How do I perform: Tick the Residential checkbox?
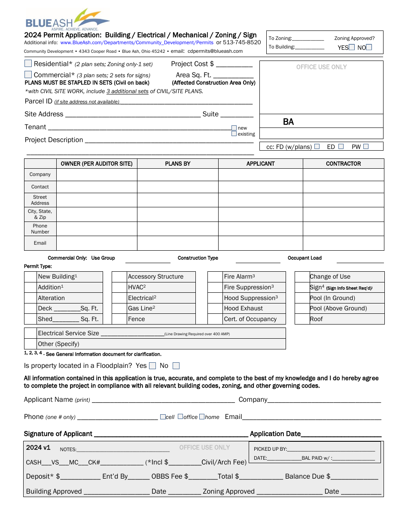tap(28, 64)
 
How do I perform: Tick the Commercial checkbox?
tap(28, 74)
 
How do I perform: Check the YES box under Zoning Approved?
tap(352, 47)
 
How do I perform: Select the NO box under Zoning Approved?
tap(369, 47)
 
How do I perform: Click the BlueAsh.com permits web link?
tap(137, 42)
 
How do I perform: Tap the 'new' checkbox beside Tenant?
tap(234, 128)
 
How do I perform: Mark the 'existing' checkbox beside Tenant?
tap(234, 134)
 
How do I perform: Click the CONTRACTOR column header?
tap(343, 164)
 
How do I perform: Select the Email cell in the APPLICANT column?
tap(260, 243)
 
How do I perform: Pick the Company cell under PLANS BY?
tap(177, 175)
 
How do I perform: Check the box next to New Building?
tap(30, 277)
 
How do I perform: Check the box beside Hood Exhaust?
tap(215, 308)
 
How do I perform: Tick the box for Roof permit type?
tap(302, 319)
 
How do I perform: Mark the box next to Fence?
tap(119, 319)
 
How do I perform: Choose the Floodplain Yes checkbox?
tap(152, 366)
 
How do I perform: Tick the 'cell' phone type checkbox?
tap(163, 417)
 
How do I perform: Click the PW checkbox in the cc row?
tap(366, 146)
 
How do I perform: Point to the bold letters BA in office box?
tap(288, 122)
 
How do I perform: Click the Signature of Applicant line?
tap(171, 434)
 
